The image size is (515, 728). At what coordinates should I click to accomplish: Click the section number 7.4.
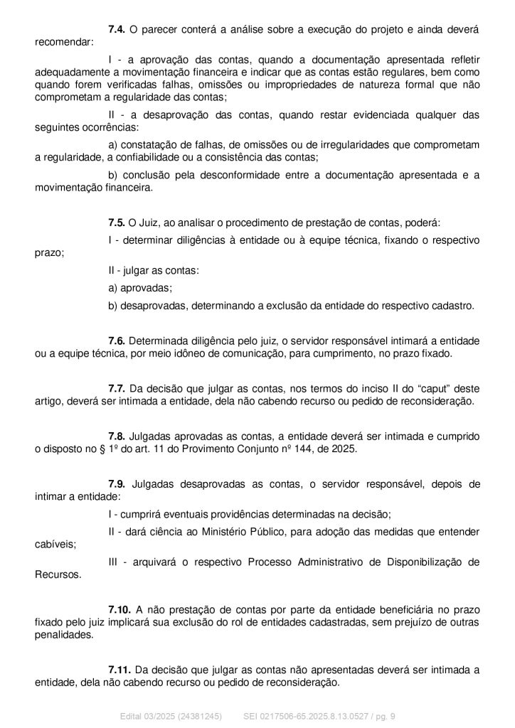(x=117, y=29)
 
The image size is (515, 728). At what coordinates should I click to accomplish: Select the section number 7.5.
(x=117, y=223)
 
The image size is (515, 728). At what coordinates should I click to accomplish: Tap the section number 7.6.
(x=117, y=341)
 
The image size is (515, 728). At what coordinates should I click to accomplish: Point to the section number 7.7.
(x=117, y=388)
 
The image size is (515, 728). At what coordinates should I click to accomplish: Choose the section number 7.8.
(x=117, y=436)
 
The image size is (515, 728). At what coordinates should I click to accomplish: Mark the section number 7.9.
(x=117, y=483)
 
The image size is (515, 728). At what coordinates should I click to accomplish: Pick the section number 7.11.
(x=119, y=670)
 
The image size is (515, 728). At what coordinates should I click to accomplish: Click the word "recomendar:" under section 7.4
(x=63, y=42)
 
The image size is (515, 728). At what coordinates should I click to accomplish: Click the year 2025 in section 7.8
(x=344, y=449)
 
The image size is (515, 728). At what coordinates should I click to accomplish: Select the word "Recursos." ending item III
(x=58, y=575)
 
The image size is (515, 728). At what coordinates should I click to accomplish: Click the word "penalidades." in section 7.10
(x=64, y=636)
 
